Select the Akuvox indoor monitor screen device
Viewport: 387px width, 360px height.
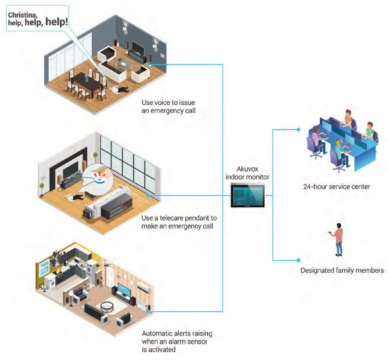tap(247, 195)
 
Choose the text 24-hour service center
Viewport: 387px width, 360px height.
tap(337, 187)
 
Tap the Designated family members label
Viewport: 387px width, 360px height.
tap(342, 271)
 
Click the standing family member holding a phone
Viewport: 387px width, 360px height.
tap(338, 240)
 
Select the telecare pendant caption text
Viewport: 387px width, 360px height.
tap(179, 222)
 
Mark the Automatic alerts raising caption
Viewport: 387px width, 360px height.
tap(177, 341)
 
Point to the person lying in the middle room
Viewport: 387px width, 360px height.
tap(74, 197)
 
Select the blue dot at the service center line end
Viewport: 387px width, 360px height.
tap(298, 130)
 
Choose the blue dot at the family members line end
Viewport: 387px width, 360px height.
tap(298, 260)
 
